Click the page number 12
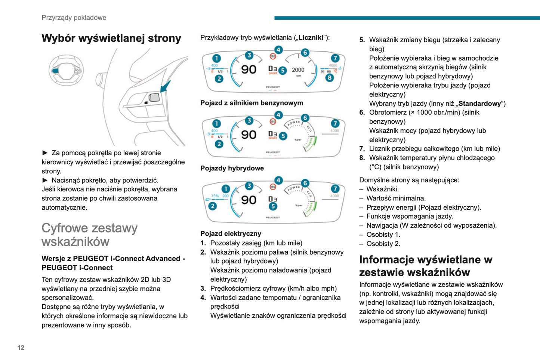click(21, 348)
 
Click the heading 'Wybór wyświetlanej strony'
click(111, 38)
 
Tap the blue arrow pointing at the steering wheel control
click(165, 87)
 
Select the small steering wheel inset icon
click(66, 70)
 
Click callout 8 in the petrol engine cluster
click(329, 78)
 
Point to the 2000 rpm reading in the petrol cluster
click(298, 70)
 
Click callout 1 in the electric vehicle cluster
click(225, 189)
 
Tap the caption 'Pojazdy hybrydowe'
click(232, 168)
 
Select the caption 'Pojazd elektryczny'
click(231, 234)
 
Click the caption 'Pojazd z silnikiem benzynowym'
click(252, 103)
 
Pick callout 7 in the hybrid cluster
click(335, 124)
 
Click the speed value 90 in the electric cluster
click(249, 200)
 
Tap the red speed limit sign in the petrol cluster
click(273, 56)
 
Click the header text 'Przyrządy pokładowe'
click(74, 18)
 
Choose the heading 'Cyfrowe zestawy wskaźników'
click(90, 235)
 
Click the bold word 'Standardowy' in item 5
click(480, 104)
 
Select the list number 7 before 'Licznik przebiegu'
click(362, 149)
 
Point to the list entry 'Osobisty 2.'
click(383, 244)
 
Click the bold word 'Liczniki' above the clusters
click(311, 38)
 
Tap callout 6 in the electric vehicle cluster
click(305, 183)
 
